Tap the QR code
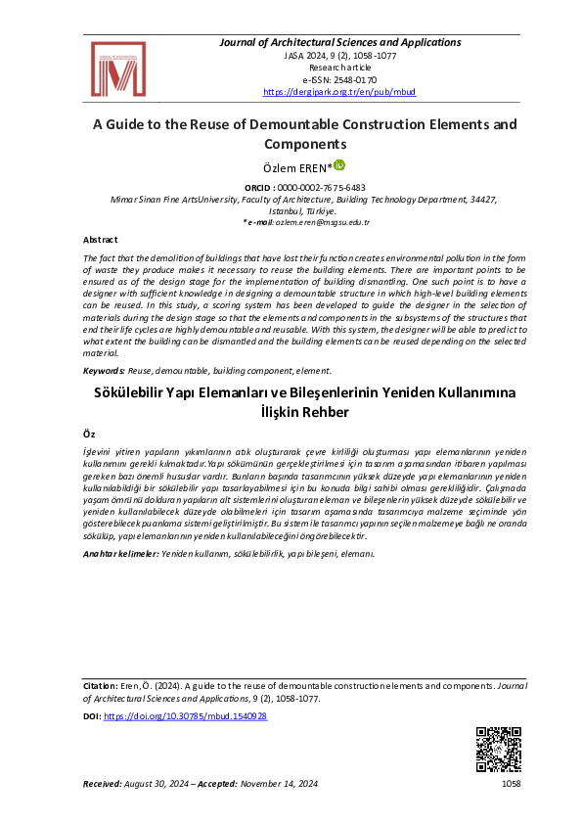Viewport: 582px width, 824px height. click(x=498, y=751)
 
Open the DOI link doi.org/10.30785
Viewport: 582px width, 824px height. click(x=185, y=716)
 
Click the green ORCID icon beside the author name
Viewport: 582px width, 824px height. click(x=339, y=165)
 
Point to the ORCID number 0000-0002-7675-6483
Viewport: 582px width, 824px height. click(x=322, y=187)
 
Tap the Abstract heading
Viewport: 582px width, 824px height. click(x=100, y=240)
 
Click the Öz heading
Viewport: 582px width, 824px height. click(x=88, y=432)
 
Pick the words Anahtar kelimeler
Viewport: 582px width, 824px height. click(x=119, y=554)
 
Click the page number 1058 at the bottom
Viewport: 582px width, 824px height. click(x=513, y=784)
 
